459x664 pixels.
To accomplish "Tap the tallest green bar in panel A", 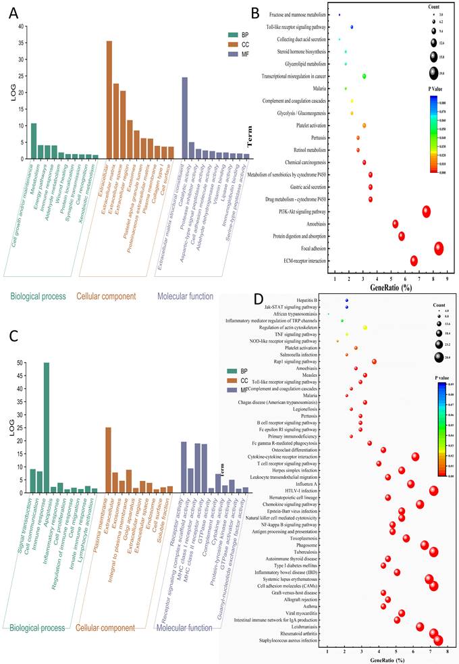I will pos(34,141).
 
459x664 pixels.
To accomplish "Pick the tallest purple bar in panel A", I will pos(184,118).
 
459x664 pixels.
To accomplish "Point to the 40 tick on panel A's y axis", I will pos(20,27).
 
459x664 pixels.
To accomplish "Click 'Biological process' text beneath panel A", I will pos(37,296).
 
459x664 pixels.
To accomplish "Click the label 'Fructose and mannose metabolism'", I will pos(299,14).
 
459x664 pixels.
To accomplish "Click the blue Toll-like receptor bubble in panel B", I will pos(352,27).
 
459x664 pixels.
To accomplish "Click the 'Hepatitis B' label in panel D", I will pos(307,300).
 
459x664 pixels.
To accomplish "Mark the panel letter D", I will pos(255,297).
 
